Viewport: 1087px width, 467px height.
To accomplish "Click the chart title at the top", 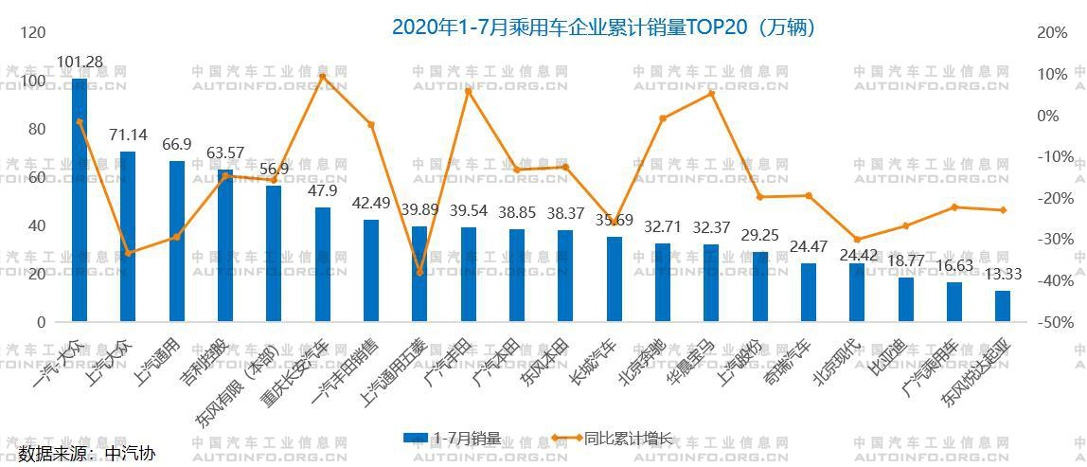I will pyautogui.click(x=604, y=27).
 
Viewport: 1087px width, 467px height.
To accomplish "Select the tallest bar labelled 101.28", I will pyautogui.click(x=80, y=200).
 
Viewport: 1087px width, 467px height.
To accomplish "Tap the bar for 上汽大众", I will pyautogui.click(x=128, y=237).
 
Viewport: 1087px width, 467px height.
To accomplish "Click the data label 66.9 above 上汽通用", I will pyautogui.click(x=177, y=144).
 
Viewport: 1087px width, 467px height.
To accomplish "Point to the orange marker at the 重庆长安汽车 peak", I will pyautogui.click(x=322, y=77).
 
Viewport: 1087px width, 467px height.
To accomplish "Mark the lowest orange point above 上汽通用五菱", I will pyautogui.click(x=419, y=273).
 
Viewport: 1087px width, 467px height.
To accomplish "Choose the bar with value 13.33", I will pyautogui.click(x=1003, y=307).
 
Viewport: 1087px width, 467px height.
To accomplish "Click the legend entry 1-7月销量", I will pyautogui.click(x=453, y=438).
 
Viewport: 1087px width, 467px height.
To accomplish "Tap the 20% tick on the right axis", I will pyautogui.click(x=1052, y=32).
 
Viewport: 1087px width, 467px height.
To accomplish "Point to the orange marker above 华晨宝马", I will pyautogui.click(x=711, y=93).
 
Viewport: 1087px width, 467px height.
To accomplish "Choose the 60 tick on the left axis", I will pyautogui.click(x=39, y=177).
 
